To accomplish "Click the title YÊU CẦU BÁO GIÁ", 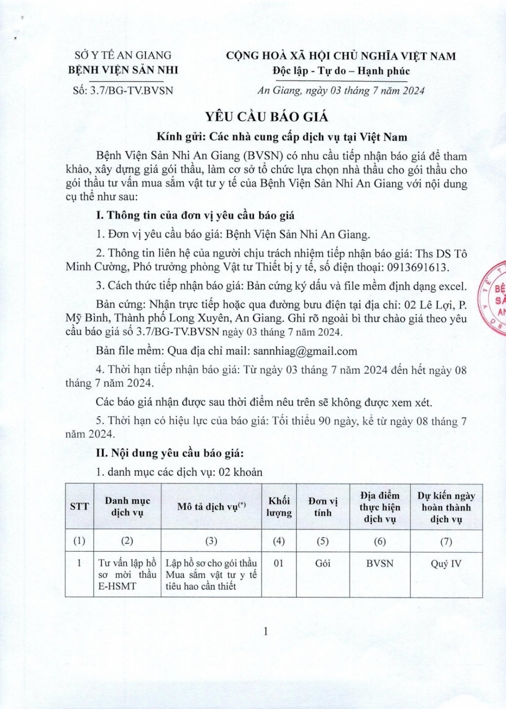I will point(267,117).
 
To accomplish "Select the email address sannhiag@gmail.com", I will point(305,351).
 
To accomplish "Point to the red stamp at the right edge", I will point(495,298).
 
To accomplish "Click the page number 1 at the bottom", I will point(266,631).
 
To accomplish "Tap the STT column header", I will point(79,507).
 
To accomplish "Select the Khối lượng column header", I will point(279,507).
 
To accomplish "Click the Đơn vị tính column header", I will point(323,507).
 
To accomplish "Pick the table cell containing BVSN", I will point(379,563).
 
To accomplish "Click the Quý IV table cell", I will point(446,563).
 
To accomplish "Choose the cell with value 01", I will point(279,563).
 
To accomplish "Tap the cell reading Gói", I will point(323,563).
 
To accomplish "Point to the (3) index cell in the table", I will point(212,541).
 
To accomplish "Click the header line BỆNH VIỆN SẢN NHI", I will point(123,70).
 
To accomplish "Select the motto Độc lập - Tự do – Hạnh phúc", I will point(341,71).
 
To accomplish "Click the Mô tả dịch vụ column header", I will point(212,507).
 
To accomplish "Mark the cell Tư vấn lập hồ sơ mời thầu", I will point(127,574).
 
